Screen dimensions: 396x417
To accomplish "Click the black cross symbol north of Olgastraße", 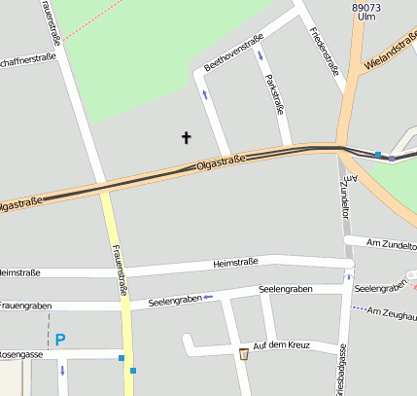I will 187,137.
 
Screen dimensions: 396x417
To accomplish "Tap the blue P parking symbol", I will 60,340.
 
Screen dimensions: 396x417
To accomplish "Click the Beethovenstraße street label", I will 233,53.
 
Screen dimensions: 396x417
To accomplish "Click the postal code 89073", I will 366,7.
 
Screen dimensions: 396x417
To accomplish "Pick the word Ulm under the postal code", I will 366,18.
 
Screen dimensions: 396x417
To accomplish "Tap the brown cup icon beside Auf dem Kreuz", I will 243,353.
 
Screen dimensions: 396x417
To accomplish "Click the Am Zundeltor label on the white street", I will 393,244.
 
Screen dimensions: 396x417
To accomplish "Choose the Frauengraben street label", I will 24,306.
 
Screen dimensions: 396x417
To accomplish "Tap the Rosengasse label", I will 21,354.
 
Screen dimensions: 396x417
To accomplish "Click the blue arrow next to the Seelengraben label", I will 208,298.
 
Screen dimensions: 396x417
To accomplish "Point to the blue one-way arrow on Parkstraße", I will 260,53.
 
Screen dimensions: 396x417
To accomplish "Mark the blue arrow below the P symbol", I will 63,370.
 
